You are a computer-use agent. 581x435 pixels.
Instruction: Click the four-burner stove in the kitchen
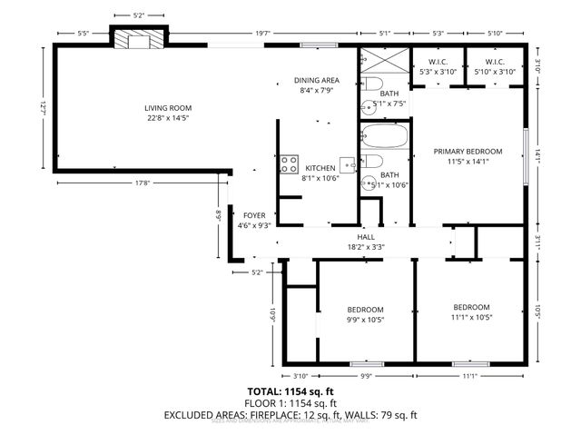coord(290,164)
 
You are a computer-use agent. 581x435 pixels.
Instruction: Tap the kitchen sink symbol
coord(348,164)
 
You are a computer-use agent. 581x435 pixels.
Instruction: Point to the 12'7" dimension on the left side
coord(43,107)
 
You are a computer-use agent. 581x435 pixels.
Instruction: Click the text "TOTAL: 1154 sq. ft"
coord(290,391)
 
